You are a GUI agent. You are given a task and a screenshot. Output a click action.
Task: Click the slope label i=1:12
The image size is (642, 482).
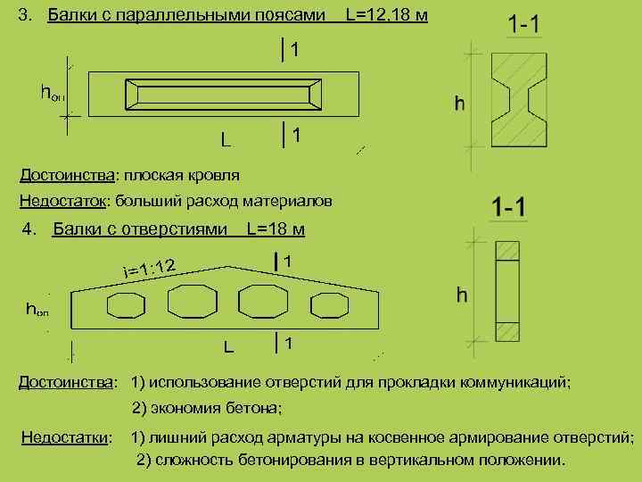coord(152,265)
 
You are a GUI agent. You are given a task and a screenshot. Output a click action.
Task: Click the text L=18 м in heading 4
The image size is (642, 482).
coord(276,230)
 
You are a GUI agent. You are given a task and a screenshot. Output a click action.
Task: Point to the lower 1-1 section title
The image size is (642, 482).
coord(508,209)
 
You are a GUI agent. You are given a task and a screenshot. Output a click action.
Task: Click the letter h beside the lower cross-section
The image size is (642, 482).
coord(462,294)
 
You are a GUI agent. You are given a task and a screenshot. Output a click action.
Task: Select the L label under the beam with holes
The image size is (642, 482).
coord(228,345)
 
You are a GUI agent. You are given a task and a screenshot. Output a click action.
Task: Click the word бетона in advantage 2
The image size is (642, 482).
coord(255,409)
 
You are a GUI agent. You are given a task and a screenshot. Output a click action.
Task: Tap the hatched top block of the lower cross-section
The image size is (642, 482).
coord(506,251)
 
